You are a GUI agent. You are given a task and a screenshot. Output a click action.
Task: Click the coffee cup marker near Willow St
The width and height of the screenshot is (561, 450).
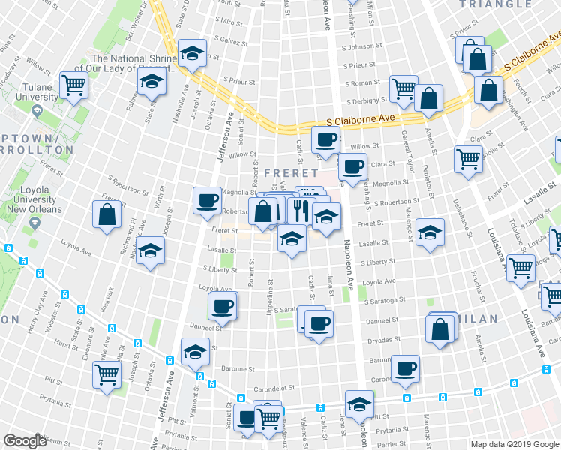(x=325, y=139)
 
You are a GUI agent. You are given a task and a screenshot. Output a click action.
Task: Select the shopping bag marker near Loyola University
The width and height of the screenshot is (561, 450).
(x=107, y=214)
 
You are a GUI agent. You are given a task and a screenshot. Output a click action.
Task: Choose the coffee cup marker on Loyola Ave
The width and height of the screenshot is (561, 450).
(x=223, y=305)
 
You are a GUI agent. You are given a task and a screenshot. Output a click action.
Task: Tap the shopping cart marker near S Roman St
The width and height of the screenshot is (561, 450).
(x=403, y=88)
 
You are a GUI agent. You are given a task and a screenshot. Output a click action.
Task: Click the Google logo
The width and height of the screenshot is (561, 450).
(x=25, y=441)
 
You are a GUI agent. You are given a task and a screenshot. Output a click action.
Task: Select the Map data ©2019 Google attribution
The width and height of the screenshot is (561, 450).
(x=514, y=444)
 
